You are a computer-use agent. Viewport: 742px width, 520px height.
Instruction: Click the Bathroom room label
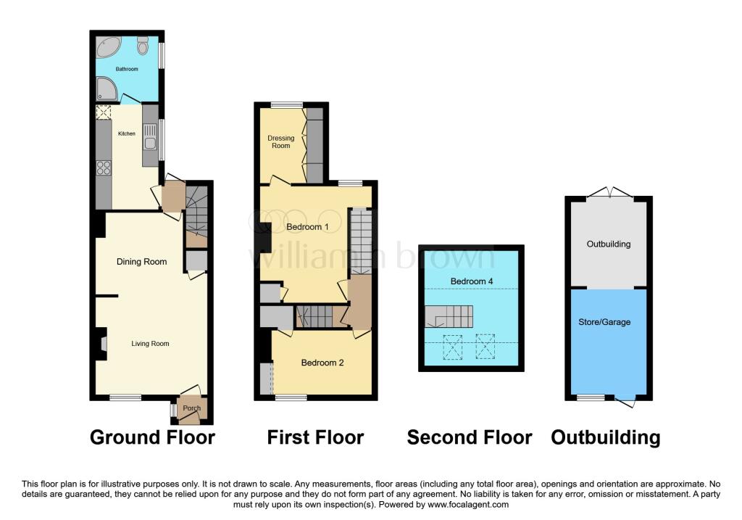coord(127,70)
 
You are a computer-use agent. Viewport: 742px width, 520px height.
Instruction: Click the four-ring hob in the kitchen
coord(104,168)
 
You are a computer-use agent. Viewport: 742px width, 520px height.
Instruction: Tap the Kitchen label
coord(127,133)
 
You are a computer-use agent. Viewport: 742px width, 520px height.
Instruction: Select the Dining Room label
coord(142,262)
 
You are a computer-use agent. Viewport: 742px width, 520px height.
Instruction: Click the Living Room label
coord(150,343)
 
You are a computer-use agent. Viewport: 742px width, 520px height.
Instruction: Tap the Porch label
coord(191,408)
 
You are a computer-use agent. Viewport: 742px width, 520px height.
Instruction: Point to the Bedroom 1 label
coord(307,227)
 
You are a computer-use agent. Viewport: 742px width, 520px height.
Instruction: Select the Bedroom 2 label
coord(322,363)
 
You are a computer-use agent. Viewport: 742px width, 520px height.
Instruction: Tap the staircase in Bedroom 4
coord(449,316)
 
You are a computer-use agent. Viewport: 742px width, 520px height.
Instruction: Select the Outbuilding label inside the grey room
coord(609,244)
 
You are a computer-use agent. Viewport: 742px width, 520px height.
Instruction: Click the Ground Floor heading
coord(152,437)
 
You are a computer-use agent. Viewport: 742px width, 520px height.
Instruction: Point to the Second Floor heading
coord(469,437)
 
